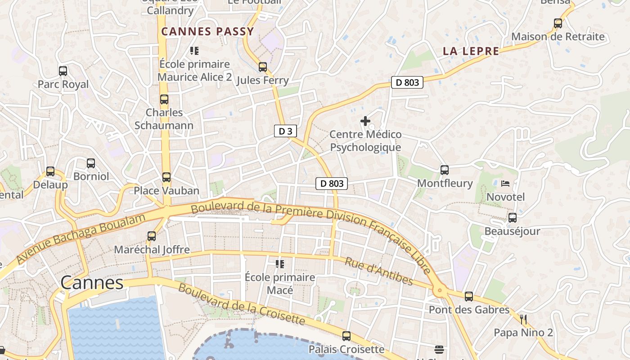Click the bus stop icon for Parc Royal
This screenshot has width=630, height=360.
pos(63,71)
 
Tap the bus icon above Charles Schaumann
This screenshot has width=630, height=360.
pos(164,99)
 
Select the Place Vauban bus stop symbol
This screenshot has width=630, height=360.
pos(166,177)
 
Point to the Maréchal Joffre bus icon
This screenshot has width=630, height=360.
pos(152,236)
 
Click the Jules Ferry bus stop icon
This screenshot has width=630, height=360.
pos(263,67)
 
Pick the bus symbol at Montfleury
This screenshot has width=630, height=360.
pos(445,170)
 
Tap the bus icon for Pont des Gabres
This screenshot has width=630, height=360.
pos(469,296)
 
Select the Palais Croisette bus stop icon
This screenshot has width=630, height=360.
pos(346,336)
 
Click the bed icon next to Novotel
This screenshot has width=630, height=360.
pos(505,183)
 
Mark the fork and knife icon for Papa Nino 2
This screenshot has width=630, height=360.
pos(523,319)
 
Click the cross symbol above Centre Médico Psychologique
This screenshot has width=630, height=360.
pos(365,121)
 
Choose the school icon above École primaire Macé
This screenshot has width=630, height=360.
pos(280,264)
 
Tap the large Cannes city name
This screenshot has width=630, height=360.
pos(92,283)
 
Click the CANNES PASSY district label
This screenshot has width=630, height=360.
pos(207,31)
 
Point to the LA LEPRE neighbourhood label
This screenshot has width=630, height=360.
pos(471,51)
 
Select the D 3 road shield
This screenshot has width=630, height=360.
pos(285,131)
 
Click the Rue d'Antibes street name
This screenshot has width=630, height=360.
pos(378,271)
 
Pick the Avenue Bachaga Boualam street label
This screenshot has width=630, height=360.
pos(81,239)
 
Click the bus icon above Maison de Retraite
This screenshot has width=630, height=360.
pos(558,23)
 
